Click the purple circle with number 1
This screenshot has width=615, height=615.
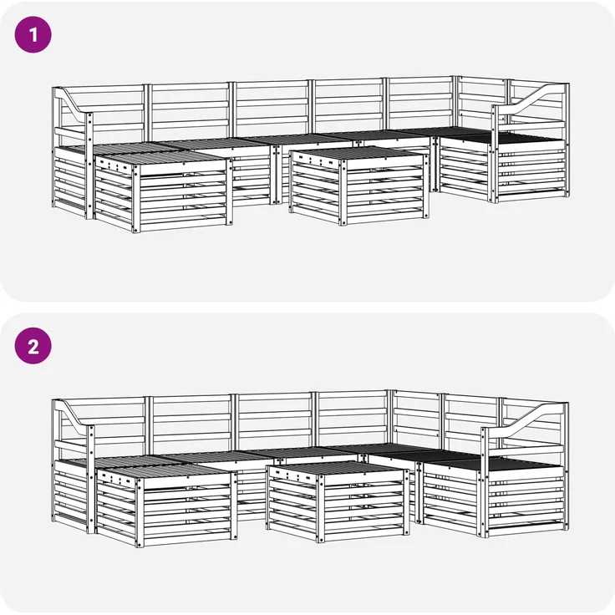pos(33,34)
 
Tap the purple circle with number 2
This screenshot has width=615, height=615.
pos(33,346)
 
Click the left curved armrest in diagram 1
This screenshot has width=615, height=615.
pos(73,103)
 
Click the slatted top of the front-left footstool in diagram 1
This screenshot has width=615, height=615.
pos(160,158)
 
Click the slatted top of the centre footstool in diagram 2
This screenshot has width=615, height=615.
pos(334,468)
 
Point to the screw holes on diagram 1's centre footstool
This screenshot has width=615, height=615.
pos(314,159)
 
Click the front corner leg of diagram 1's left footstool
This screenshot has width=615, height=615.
pos(136,199)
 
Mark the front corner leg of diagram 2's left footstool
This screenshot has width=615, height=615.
pos(140,513)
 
